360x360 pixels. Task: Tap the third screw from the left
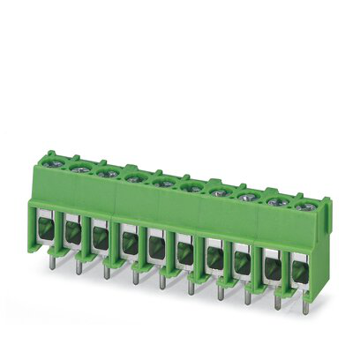[x=107, y=171]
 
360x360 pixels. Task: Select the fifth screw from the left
[x=161, y=183]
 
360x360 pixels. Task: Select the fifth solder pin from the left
[x=161, y=282]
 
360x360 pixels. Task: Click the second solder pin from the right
[x=276, y=301]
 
